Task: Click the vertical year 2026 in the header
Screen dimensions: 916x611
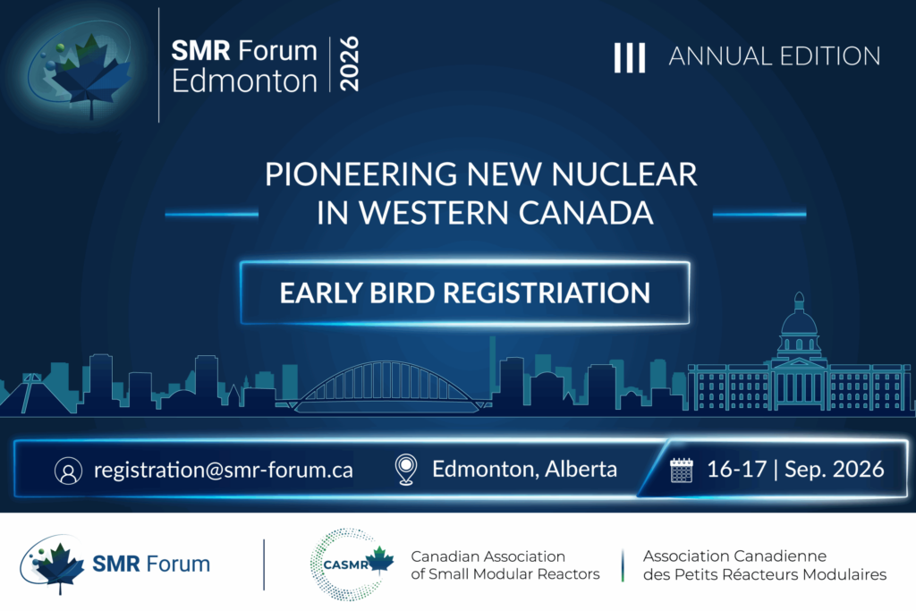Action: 349,64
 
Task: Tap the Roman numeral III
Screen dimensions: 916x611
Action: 629,58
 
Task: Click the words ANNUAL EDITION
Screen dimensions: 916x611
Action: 775,56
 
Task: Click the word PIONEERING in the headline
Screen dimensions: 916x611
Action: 361,174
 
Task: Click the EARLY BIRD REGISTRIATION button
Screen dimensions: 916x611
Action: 465,293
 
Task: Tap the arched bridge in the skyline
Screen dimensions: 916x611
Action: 386,386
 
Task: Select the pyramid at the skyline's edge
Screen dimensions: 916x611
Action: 30,395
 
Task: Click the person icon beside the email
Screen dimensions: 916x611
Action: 68,471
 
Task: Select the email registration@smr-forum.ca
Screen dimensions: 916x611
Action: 223,470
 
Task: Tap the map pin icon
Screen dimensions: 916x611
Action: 406,470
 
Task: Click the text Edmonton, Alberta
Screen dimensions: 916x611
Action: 524,469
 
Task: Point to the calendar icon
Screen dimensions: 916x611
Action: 681,471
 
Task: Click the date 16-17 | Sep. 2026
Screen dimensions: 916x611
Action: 795,469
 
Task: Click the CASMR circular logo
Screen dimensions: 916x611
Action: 352,564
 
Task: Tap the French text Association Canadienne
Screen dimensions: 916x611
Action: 735,556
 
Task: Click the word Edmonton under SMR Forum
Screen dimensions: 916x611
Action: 244,81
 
